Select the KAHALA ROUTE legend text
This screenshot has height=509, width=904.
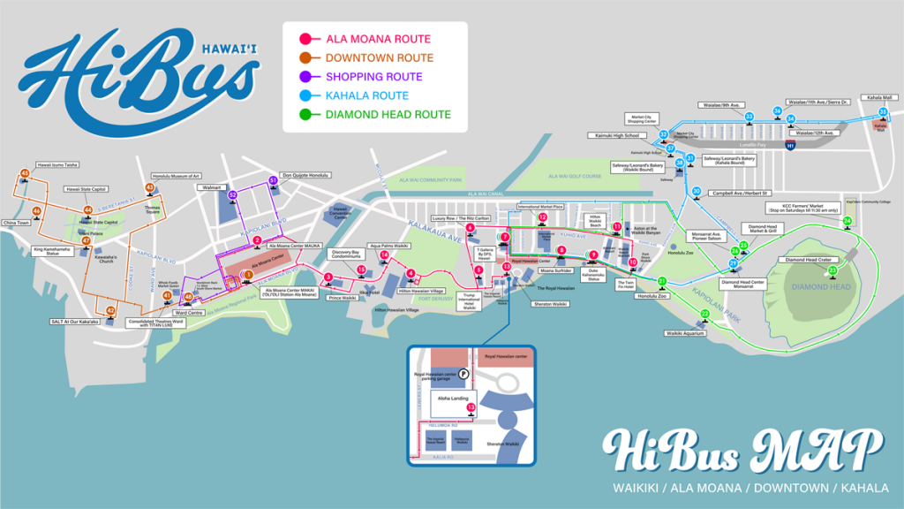click(366, 95)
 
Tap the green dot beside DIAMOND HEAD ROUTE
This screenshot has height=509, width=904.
click(305, 114)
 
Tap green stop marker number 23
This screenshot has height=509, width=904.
click(832, 270)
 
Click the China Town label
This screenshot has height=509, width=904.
click(17, 223)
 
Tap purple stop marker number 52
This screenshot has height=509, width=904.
click(232, 194)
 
